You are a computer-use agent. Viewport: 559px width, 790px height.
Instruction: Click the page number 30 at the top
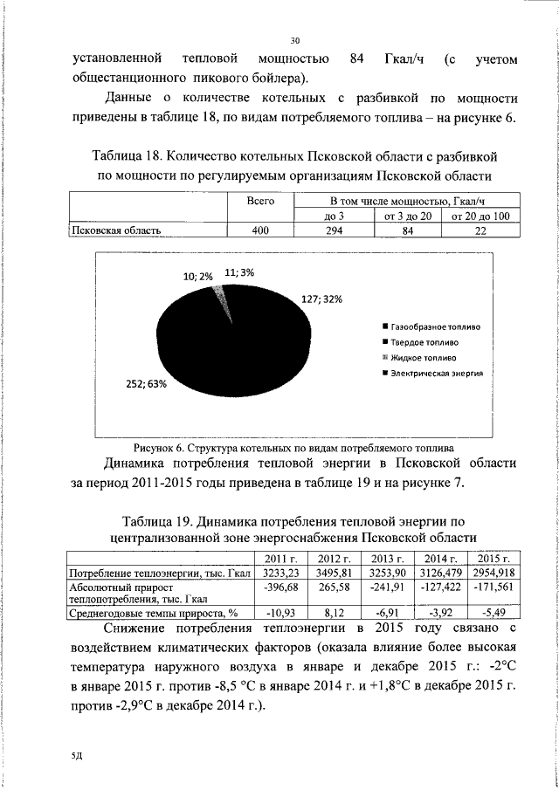click(294, 40)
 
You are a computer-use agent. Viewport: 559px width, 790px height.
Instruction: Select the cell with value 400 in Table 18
click(261, 230)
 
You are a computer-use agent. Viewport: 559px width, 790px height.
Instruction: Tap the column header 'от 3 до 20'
click(408, 216)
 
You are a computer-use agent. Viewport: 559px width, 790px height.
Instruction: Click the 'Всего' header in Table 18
click(261, 201)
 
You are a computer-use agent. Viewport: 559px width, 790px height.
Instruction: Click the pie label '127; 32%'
click(323, 299)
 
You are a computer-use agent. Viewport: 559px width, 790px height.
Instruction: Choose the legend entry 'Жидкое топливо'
click(419, 358)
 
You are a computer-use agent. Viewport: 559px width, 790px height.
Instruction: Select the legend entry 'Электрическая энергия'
click(432, 373)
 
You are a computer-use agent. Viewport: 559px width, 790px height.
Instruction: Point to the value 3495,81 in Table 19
click(335, 573)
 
